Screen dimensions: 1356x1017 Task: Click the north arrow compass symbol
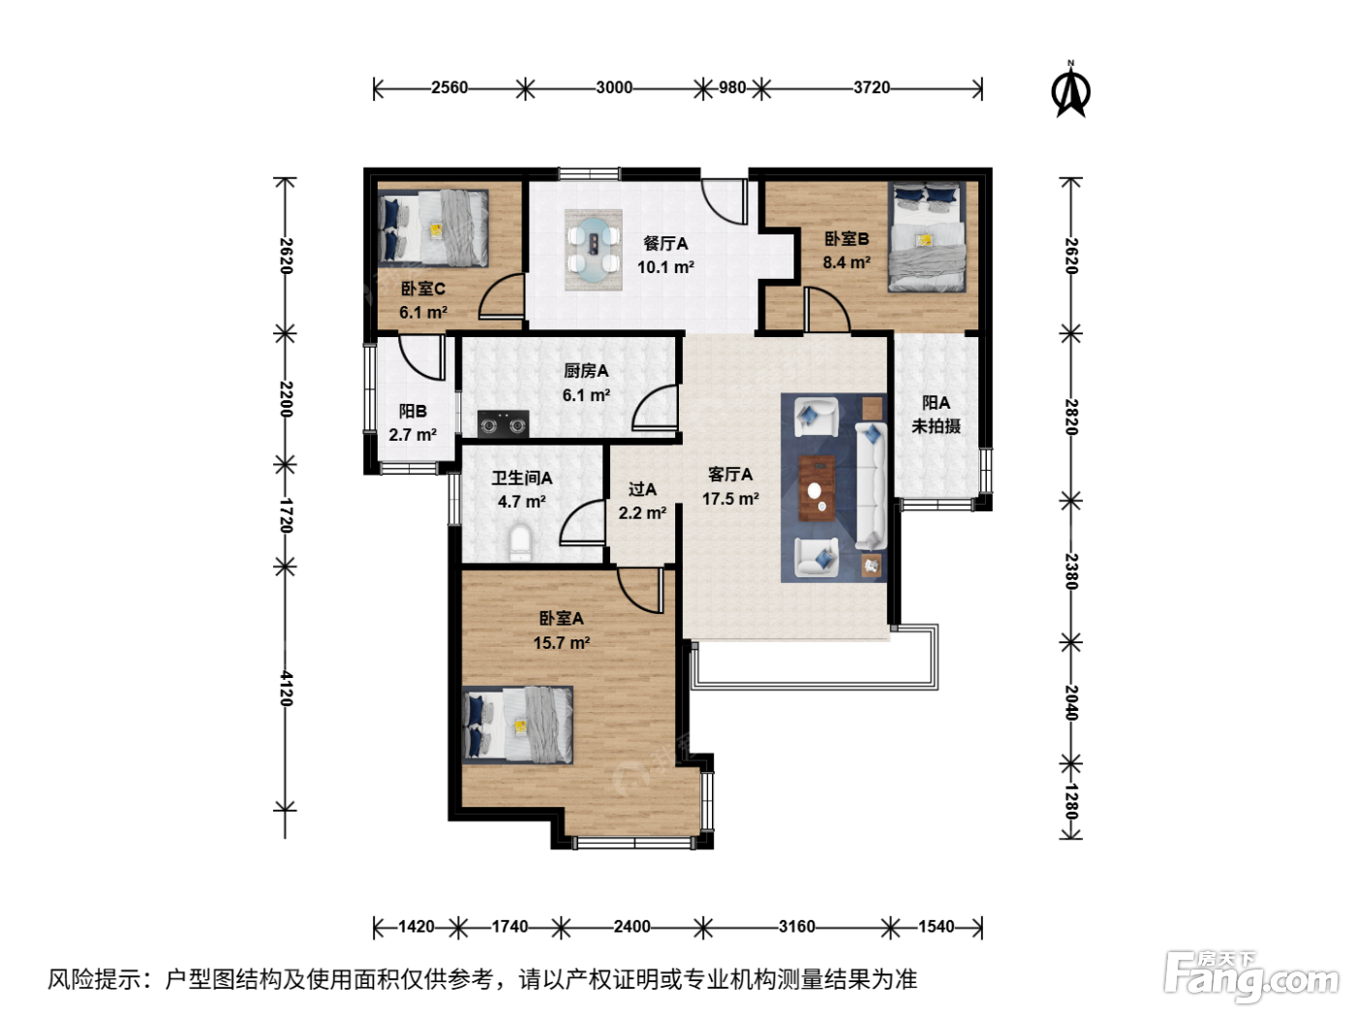pyautogui.click(x=1070, y=90)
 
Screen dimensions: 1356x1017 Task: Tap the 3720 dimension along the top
pyautogui.click(x=871, y=88)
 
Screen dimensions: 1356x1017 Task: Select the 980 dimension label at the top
pyautogui.click(x=732, y=88)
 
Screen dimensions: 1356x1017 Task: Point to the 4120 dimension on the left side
pyautogui.click(x=286, y=688)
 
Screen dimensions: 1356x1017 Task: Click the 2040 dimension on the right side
pyautogui.click(x=1070, y=703)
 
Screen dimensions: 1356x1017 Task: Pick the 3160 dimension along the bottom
pyautogui.click(x=796, y=926)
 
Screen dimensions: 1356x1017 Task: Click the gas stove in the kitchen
pyautogui.click(x=503, y=424)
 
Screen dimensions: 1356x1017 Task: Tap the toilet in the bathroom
pyautogui.click(x=520, y=542)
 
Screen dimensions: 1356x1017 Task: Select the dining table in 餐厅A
pyautogui.click(x=593, y=250)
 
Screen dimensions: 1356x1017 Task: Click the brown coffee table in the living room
pyautogui.click(x=817, y=488)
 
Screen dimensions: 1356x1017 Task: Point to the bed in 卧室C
pyautogui.click(x=433, y=229)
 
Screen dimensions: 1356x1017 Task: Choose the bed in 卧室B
pyautogui.click(x=927, y=237)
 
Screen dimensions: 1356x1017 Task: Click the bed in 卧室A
pyautogui.click(x=517, y=725)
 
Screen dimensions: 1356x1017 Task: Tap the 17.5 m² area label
pyautogui.click(x=730, y=498)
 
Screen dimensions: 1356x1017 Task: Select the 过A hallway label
pyautogui.click(x=642, y=489)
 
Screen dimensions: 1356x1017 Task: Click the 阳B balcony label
pyautogui.click(x=413, y=412)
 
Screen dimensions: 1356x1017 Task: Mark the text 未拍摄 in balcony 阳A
pyautogui.click(x=936, y=426)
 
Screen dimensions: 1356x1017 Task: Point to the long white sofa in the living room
pyautogui.click(x=871, y=485)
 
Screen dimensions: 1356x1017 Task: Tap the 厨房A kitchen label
pyautogui.click(x=586, y=371)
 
